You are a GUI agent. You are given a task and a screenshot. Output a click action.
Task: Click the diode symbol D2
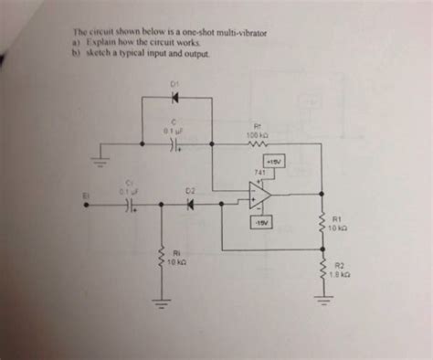click(x=191, y=205)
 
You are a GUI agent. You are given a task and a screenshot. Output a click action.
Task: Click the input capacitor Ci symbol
click(x=131, y=206)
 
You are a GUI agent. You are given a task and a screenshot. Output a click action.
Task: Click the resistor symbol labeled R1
click(x=321, y=223)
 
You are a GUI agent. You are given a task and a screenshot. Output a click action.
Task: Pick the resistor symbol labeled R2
click(x=321, y=269)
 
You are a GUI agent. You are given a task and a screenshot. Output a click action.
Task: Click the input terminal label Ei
click(x=87, y=195)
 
